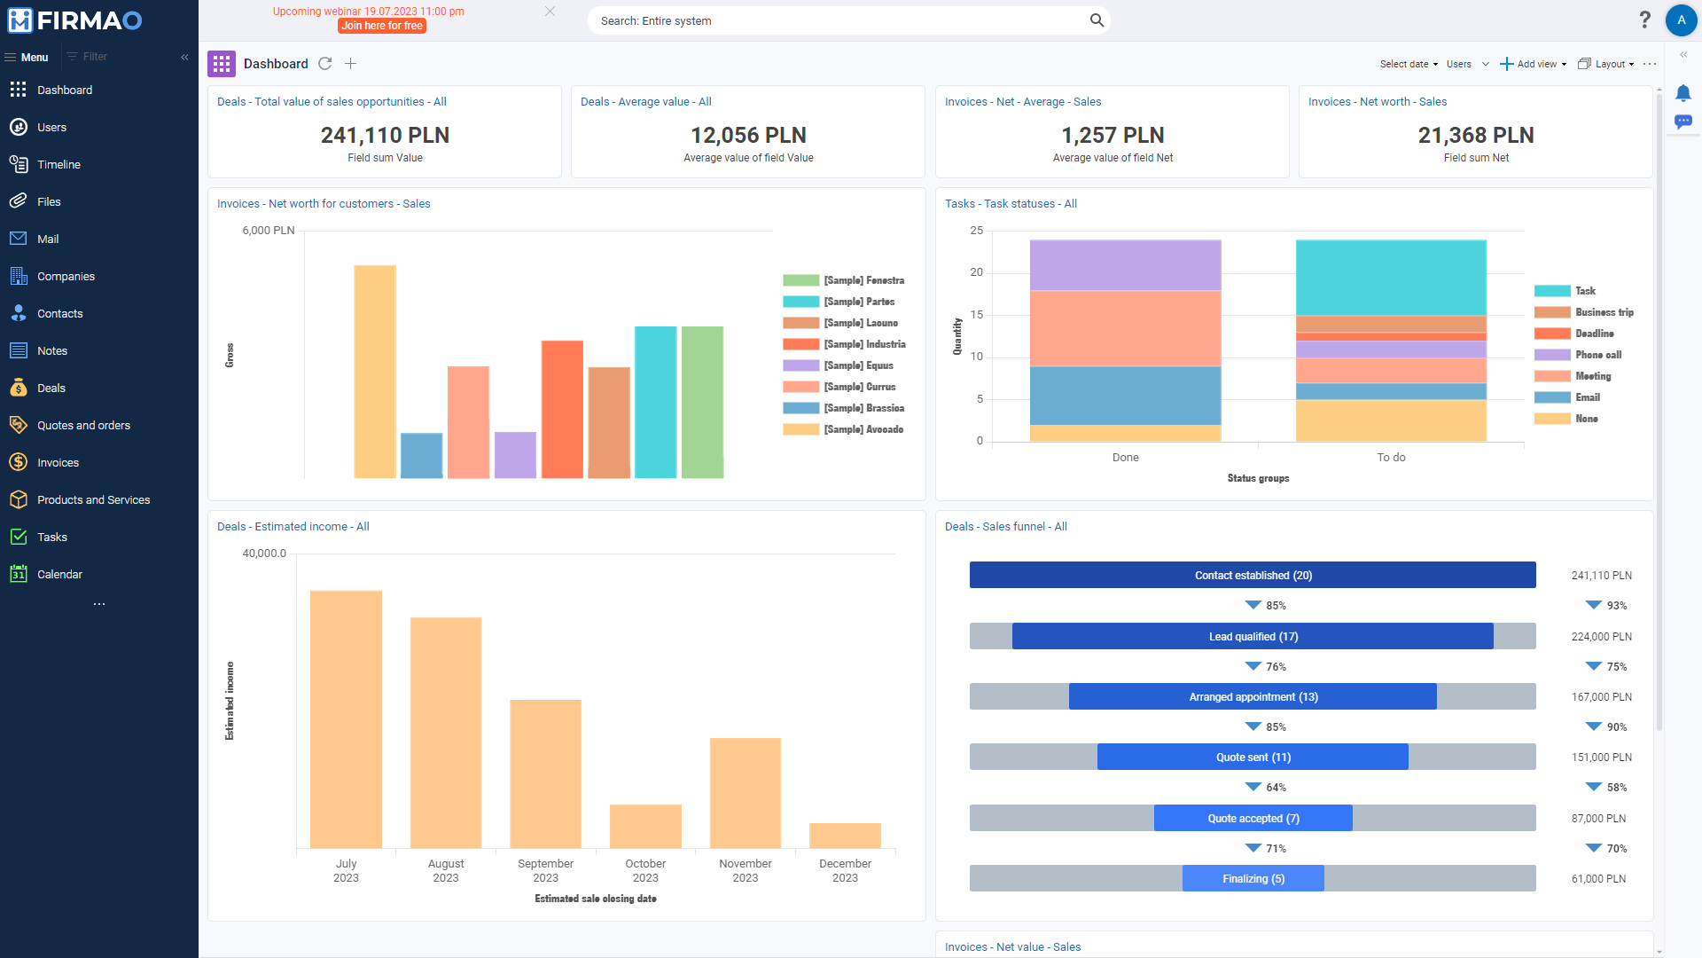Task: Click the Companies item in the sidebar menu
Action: (x=66, y=277)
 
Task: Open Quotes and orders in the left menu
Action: (x=83, y=426)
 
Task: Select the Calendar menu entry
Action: (x=59, y=575)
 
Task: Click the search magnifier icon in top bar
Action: (x=1097, y=20)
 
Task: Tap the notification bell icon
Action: (x=1682, y=93)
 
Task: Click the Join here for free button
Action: (x=382, y=26)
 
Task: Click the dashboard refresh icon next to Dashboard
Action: (x=325, y=64)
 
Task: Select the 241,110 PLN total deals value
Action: (x=385, y=136)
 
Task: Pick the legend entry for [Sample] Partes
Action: (x=858, y=302)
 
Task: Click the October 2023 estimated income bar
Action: (x=645, y=826)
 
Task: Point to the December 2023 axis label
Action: (x=845, y=870)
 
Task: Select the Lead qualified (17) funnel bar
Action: (x=1253, y=637)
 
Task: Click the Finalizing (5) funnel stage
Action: (x=1253, y=879)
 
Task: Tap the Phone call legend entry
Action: (x=1597, y=355)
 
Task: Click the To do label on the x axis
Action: (x=1391, y=458)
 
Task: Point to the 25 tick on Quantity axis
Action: (x=976, y=231)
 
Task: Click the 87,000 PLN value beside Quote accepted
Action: (x=1598, y=819)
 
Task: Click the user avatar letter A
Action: (x=1681, y=20)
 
